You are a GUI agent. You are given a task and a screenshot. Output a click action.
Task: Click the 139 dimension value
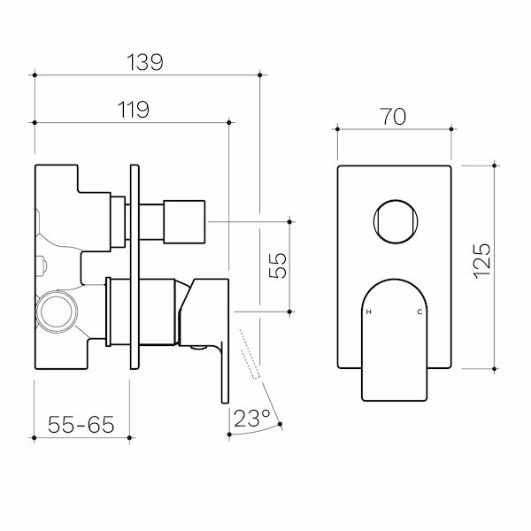[145, 62]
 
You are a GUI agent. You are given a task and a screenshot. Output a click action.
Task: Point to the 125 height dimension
[481, 264]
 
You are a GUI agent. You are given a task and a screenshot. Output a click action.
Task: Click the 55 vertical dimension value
[276, 265]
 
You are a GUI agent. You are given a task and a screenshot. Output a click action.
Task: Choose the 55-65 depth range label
[81, 424]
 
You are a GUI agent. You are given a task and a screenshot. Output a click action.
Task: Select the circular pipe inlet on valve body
[58, 312]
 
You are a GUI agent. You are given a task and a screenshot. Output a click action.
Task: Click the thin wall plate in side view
[135, 265]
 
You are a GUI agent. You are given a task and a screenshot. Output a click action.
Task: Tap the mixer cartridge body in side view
[142, 310]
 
